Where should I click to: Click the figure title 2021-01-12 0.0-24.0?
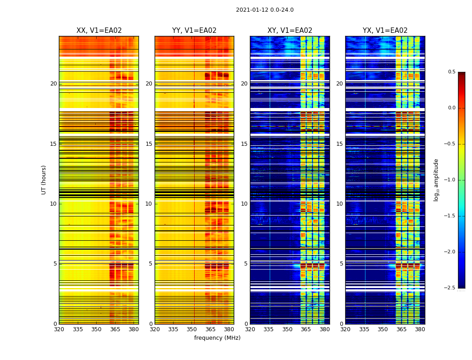pos(264,10)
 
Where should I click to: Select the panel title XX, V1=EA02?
pos(99,31)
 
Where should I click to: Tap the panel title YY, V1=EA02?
pos(194,31)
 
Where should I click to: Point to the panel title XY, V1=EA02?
pos(289,31)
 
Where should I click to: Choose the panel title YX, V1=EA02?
pos(385,31)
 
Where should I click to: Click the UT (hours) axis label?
pos(44,180)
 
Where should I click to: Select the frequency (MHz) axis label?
pos(217,338)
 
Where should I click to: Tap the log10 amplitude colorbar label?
pos(436,180)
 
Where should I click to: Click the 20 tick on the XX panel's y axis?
pos(53,84)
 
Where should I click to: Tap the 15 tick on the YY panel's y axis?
pos(149,144)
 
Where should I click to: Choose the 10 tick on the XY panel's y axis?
pos(245,204)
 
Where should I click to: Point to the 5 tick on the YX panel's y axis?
pos(342,264)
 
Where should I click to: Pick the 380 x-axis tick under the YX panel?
pos(420,329)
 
